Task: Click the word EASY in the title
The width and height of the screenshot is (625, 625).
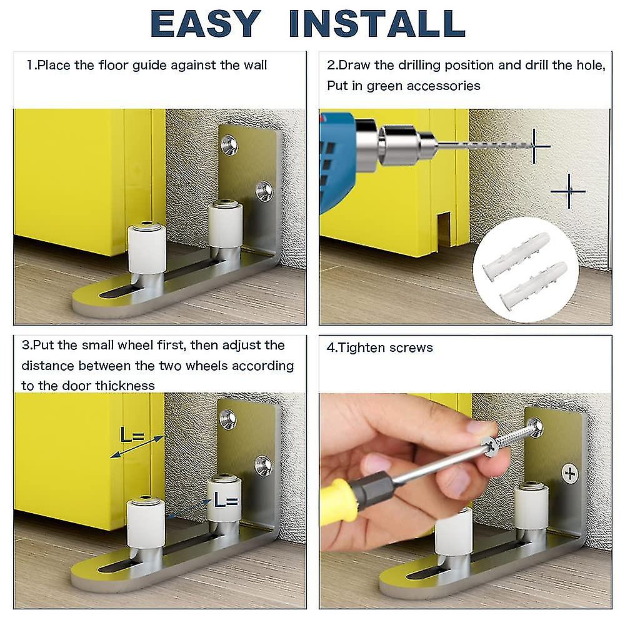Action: pos(206,24)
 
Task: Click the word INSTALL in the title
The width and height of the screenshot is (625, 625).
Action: pos(377,24)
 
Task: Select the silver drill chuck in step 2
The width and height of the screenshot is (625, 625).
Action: pos(399,144)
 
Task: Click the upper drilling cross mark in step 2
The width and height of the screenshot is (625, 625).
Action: pos(534,146)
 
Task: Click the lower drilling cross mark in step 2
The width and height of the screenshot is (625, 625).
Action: pos(569,191)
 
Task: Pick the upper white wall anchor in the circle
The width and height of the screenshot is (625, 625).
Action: pos(516,252)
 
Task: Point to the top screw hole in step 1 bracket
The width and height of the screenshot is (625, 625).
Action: pos(229,145)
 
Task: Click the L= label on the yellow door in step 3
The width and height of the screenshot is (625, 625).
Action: pos(131,435)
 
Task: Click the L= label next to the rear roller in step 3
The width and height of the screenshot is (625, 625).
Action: pos(226,499)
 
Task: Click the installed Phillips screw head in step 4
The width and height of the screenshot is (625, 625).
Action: pos(570,474)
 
